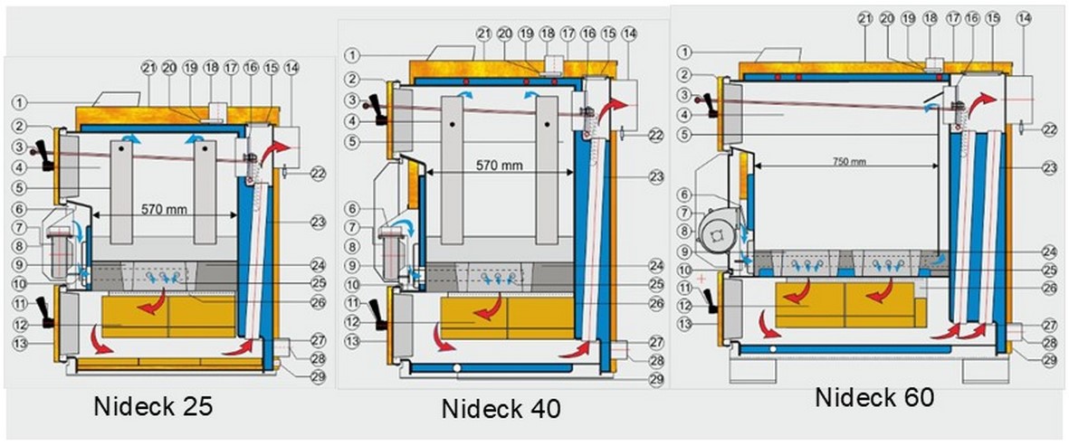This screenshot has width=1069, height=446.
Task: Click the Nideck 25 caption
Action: tap(153, 407)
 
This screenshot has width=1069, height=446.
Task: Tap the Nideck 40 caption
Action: tap(501, 408)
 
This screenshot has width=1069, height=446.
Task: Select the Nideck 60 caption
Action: tap(873, 397)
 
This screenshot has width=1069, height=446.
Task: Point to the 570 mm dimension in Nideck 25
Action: tap(164, 209)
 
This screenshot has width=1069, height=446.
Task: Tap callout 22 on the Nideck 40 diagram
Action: tap(656, 135)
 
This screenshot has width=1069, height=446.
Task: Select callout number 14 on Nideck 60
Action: tap(1024, 18)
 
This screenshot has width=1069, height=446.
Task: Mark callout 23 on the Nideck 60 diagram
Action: tap(1049, 167)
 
